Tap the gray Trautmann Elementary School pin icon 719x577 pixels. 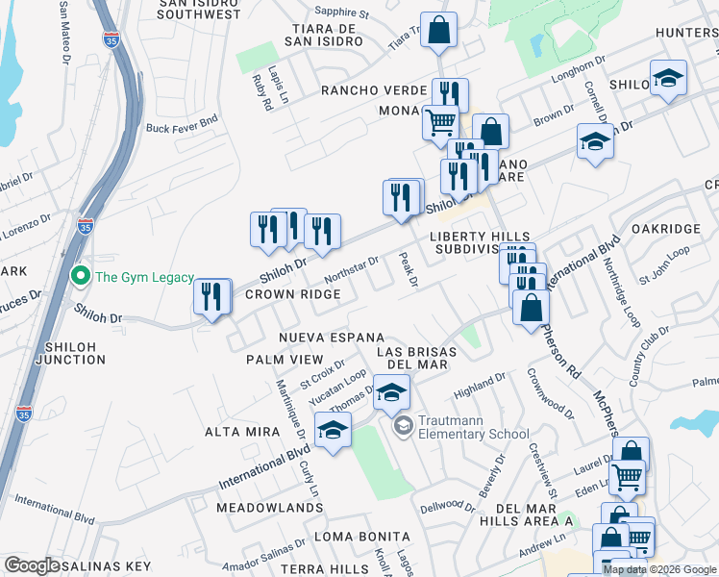tap(405, 424)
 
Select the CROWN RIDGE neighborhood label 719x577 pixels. tap(293, 294)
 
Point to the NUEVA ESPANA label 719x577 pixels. tap(332, 338)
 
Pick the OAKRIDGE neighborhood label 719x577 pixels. tap(666, 229)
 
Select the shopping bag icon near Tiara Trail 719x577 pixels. tap(438, 30)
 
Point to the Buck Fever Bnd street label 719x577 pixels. tap(183, 126)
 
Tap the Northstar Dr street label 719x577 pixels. tap(353, 268)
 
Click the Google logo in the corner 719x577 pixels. tap(32, 565)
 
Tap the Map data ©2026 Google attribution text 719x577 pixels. tap(659, 569)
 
